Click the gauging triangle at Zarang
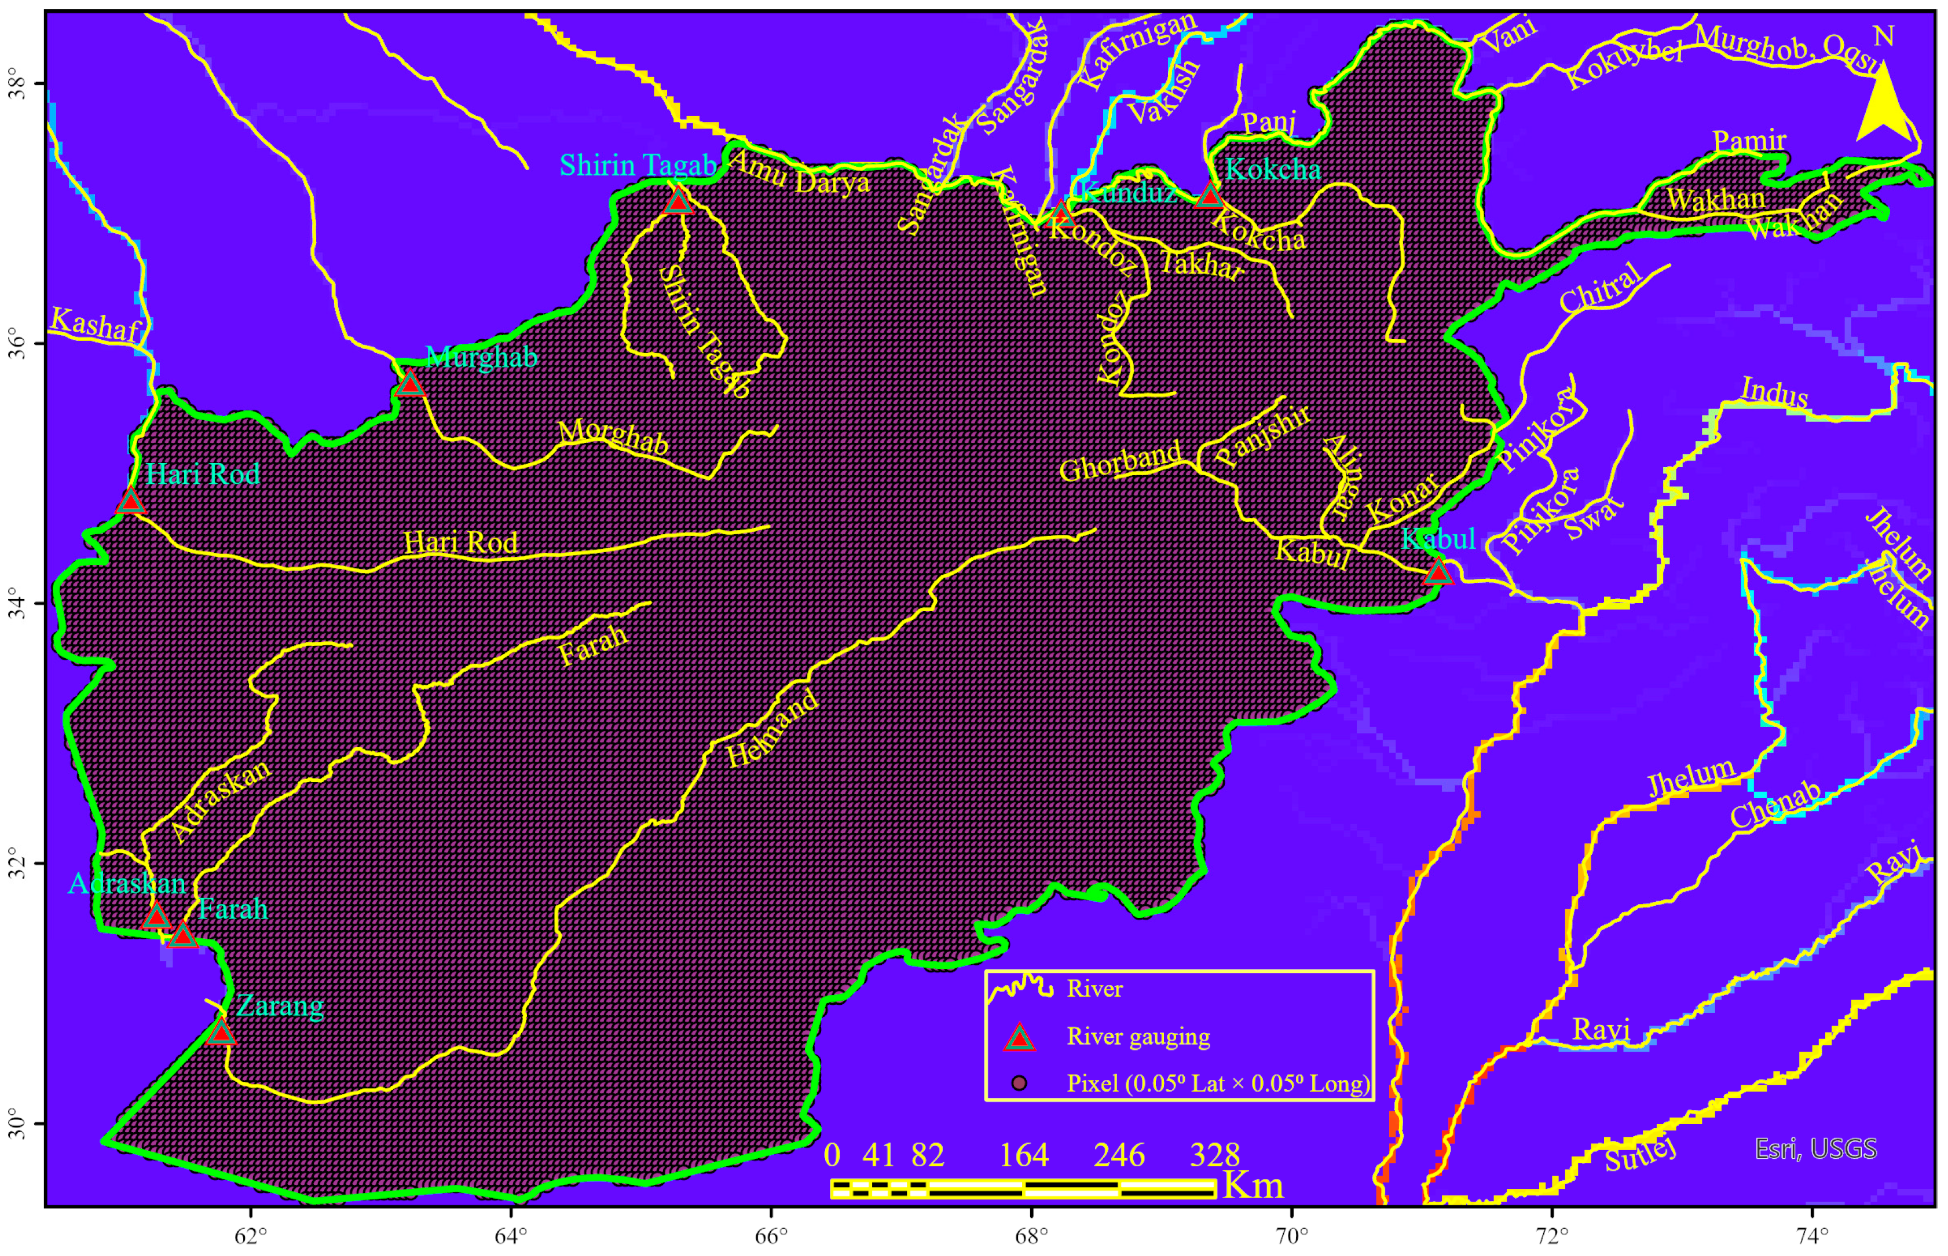tap(221, 1033)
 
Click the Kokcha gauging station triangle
tap(1209, 196)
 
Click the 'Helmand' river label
tap(772, 728)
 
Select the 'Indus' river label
tap(1774, 392)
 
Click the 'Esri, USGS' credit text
tap(1816, 1148)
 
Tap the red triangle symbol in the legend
tap(1019, 1037)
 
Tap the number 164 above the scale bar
tap(1024, 1155)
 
